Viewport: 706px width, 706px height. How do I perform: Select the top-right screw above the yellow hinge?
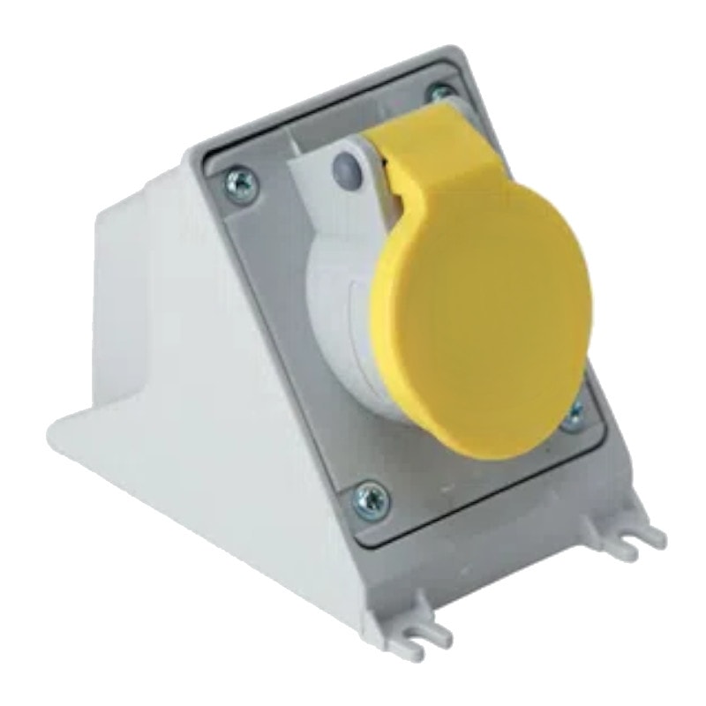click(439, 92)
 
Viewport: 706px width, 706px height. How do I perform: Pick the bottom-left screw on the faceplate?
click(371, 497)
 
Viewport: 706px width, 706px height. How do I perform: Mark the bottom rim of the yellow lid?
click(494, 450)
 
